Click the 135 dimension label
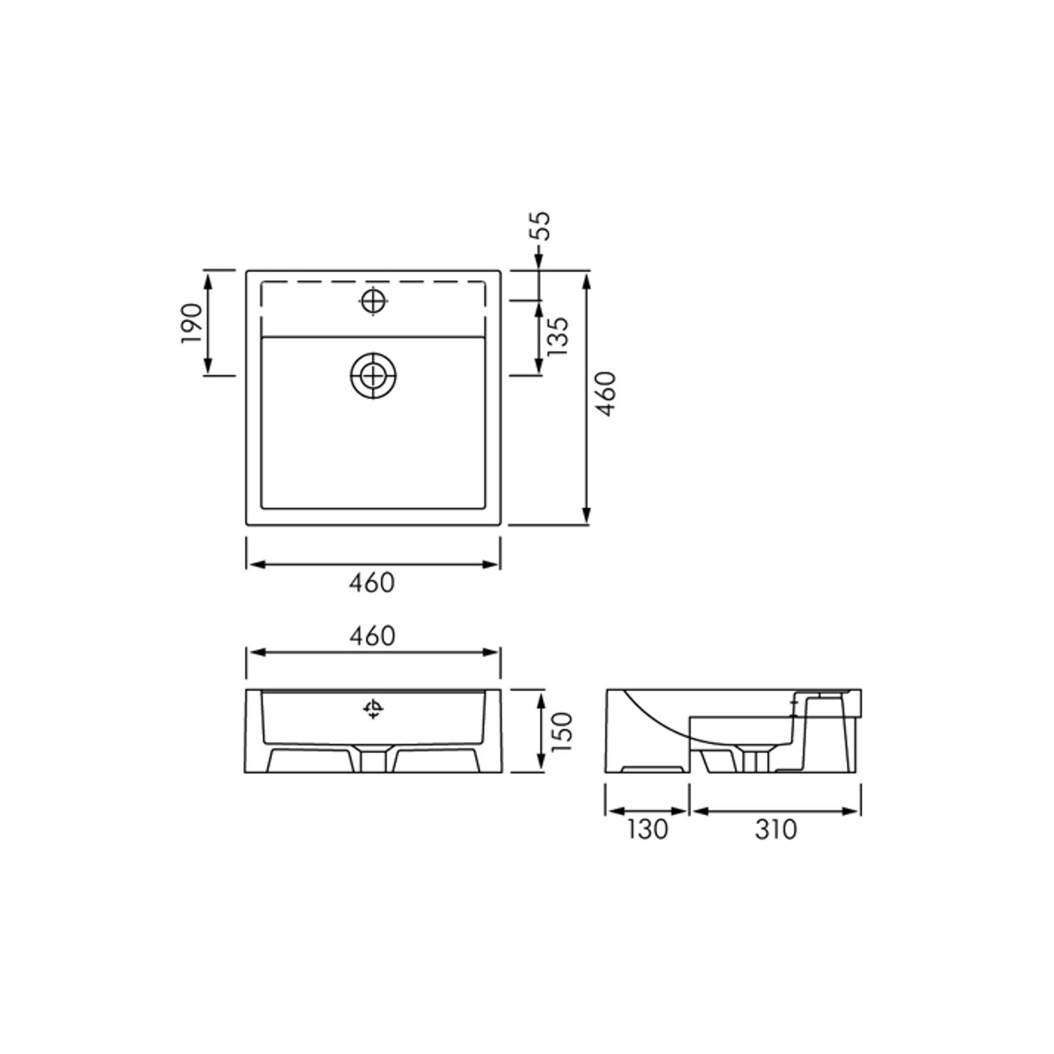[558, 336]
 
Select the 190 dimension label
[192, 323]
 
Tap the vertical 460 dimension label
[607, 394]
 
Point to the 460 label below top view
[372, 583]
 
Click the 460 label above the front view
[372, 636]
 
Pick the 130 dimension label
[647, 829]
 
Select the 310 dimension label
[776, 829]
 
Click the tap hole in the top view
[374, 302]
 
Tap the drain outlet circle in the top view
[374, 376]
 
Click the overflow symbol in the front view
[374, 709]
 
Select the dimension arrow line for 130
[647, 811]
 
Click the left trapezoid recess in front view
[310, 760]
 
